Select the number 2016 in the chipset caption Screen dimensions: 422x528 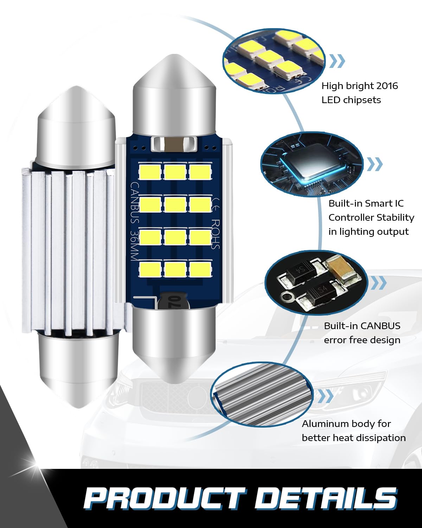pos(387,86)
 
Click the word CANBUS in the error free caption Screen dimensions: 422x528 pos(381,326)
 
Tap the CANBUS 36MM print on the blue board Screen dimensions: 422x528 pos(135,221)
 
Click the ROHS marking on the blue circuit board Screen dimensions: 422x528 pos(215,234)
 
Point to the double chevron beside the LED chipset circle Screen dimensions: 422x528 pos(337,61)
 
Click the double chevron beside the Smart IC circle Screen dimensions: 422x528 pos(375,164)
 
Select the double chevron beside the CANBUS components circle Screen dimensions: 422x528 pos(379,283)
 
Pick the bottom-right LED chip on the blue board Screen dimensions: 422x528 pos(200,270)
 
